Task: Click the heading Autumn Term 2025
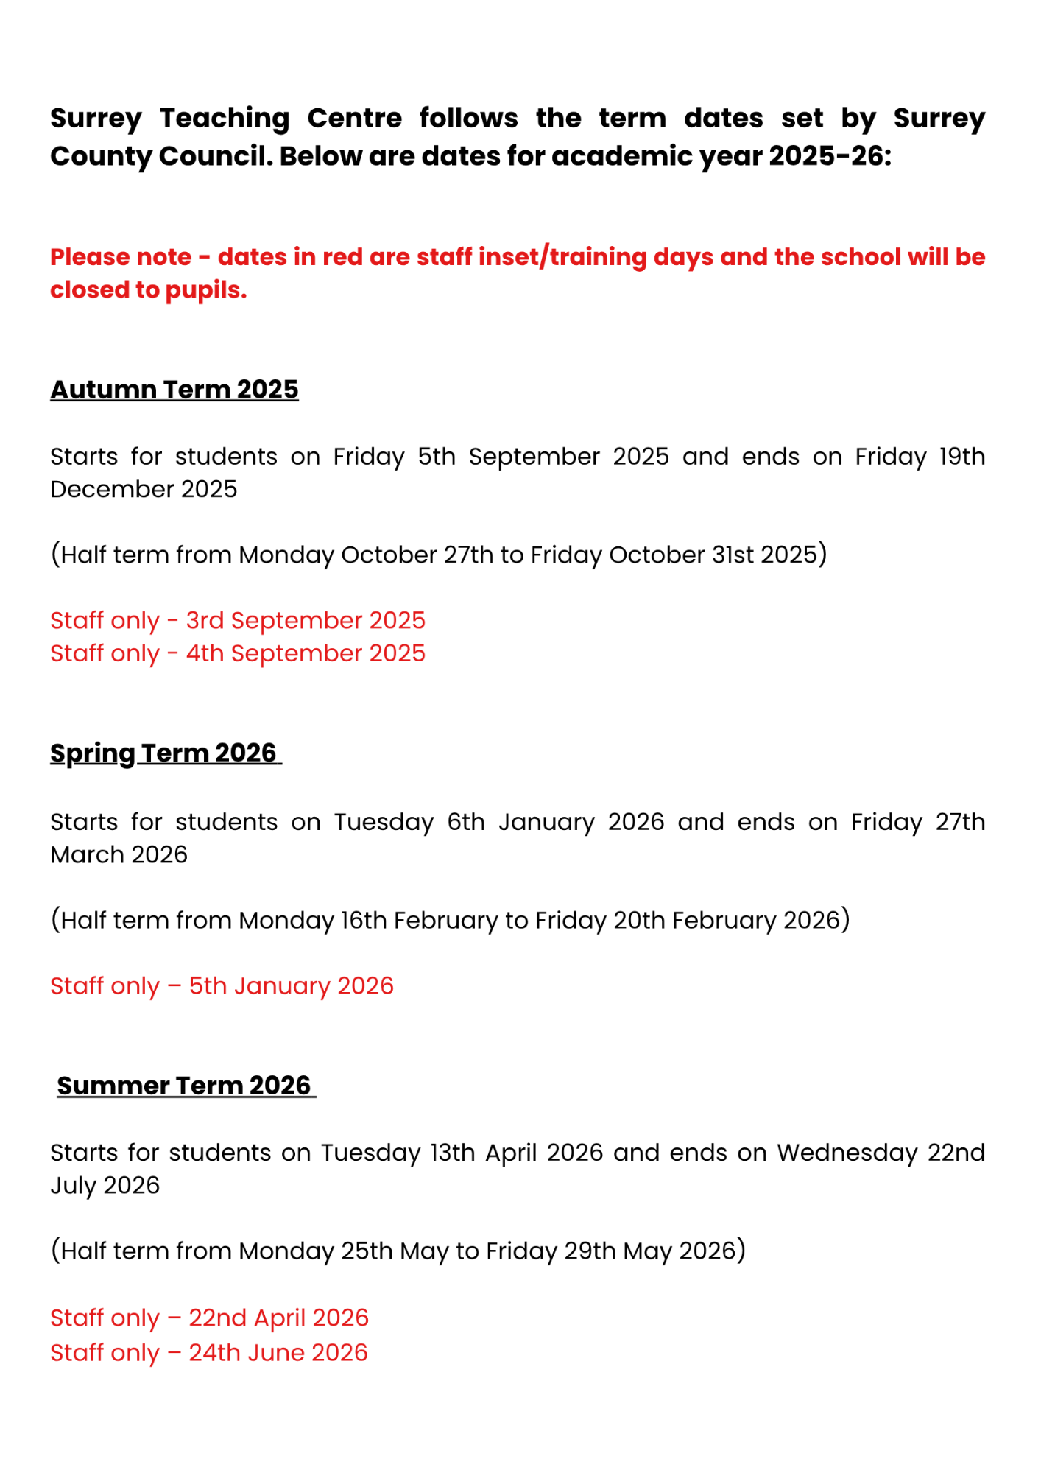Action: coord(174,390)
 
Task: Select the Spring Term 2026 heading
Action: coord(163,753)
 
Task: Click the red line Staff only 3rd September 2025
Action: coord(238,620)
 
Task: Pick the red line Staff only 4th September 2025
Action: coord(238,653)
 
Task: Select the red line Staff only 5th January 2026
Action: coord(222,985)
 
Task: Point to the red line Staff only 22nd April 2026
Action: coord(209,1318)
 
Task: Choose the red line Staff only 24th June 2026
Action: coord(208,1352)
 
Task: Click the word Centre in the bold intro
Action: coord(354,118)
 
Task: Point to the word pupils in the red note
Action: coord(205,290)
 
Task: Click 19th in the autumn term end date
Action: coord(961,457)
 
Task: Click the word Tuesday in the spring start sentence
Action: coord(384,822)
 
